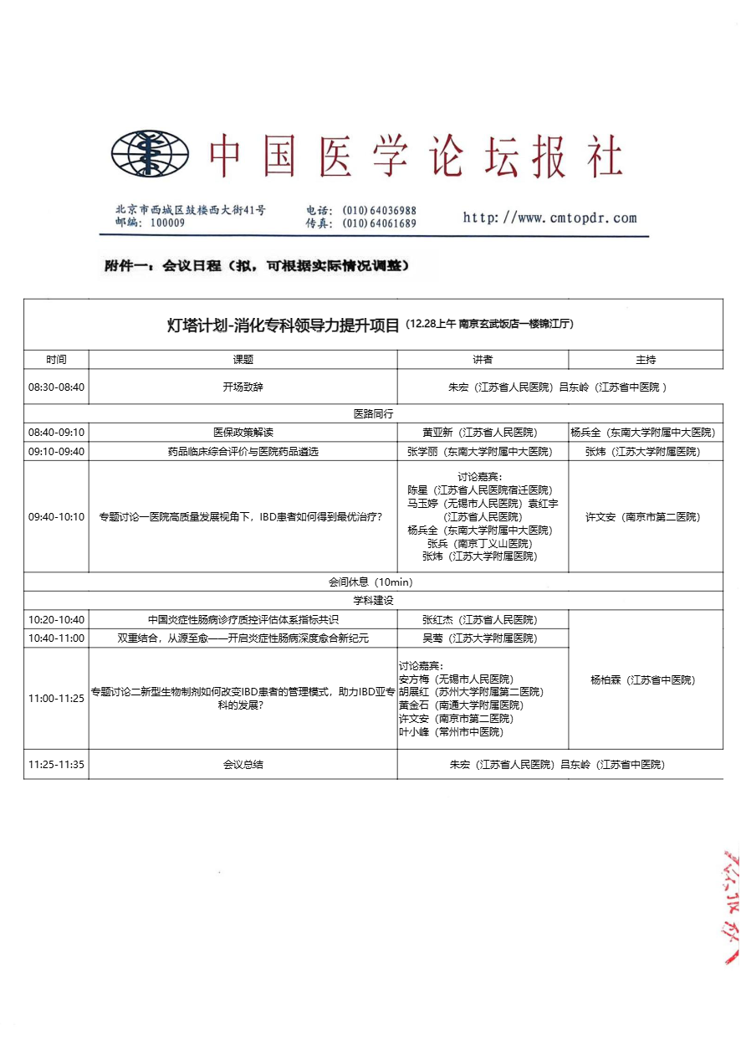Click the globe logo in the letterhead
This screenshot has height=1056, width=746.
pyautogui.click(x=151, y=154)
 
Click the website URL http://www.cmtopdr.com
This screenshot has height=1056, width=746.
pyautogui.click(x=549, y=218)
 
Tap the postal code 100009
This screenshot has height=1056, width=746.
pyautogui.click(x=167, y=223)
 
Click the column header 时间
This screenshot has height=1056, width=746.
pyautogui.click(x=56, y=360)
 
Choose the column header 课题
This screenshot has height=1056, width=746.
pyautogui.click(x=243, y=360)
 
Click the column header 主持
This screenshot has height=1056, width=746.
pyautogui.click(x=646, y=360)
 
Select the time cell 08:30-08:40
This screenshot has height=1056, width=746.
pyautogui.click(x=56, y=387)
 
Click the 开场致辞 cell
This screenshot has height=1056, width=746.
pyautogui.click(x=243, y=387)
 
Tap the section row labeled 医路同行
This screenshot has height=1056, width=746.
pyautogui.click(x=373, y=413)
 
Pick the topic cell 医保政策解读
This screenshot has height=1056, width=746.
pyautogui.click(x=243, y=433)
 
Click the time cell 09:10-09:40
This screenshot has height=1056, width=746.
pyautogui.click(x=56, y=451)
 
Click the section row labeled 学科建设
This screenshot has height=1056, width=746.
pyautogui.click(x=373, y=601)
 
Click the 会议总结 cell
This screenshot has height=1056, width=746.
pyautogui.click(x=243, y=764)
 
